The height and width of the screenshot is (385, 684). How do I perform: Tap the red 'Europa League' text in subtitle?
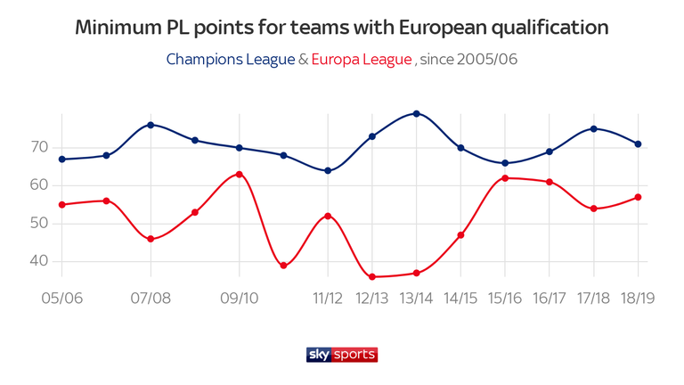point(362,60)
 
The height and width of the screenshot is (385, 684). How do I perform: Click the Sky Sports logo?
point(342,354)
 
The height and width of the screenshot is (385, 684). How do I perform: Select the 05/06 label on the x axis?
point(61,297)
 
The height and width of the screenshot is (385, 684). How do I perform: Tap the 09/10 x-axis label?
point(239,297)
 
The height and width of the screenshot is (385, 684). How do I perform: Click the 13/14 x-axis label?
point(416,297)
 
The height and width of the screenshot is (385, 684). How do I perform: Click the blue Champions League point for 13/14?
point(416,113)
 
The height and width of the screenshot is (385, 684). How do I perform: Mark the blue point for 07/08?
point(151,125)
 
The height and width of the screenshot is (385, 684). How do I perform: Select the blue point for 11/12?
point(328,170)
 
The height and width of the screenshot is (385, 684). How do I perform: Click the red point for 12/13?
point(371,276)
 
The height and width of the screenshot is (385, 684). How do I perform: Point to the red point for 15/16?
point(505,178)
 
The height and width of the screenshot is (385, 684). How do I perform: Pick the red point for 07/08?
point(151,239)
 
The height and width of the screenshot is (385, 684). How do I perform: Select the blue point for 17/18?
point(593,128)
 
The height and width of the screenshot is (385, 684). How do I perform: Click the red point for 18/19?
point(638,197)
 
